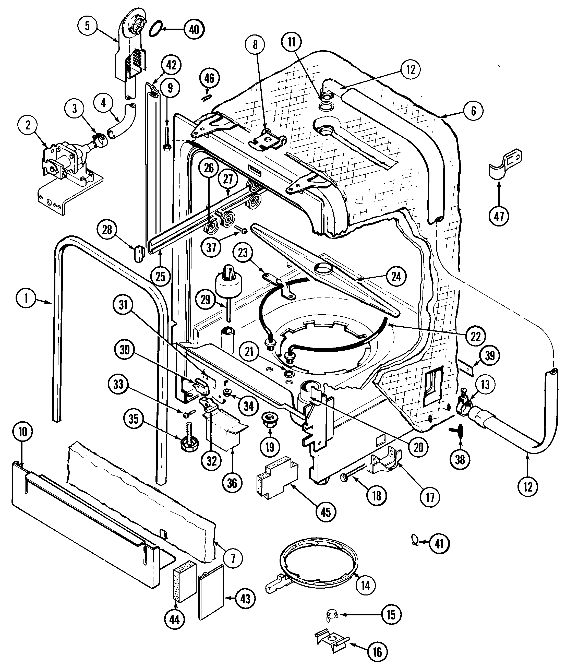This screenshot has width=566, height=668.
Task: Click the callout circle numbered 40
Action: click(194, 30)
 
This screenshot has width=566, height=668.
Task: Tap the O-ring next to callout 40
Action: click(155, 28)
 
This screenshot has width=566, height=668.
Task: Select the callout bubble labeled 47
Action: click(499, 217)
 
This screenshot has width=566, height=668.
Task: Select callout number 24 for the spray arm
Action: click(396, 276)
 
